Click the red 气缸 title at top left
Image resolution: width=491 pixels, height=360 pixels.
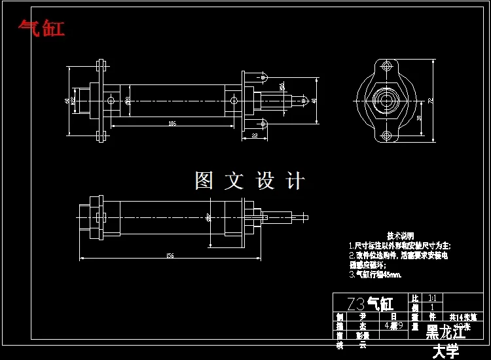click(42, 28)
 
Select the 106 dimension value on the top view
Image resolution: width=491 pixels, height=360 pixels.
click(172, 122)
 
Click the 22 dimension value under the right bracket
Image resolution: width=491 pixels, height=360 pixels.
click(254, 135)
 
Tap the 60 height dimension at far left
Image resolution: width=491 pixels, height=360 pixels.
click(67, 100)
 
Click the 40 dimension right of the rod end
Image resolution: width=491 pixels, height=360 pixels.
click(314, 100)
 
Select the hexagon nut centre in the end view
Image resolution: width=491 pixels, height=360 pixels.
click(386, 101)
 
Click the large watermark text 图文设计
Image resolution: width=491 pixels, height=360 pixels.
click(249, 181)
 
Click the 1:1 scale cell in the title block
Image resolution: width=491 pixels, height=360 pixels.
click(431, 297)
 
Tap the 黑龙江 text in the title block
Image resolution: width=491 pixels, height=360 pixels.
click(446, 332)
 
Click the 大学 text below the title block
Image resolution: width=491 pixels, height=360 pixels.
click(446, 351)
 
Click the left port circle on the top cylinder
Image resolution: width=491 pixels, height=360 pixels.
click(112, 100)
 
